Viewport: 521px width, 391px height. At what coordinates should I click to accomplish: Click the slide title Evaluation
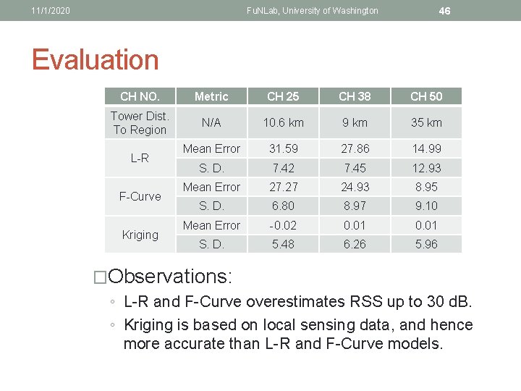click(x=95, y=59)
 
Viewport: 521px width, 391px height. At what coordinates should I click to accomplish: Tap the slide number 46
click(x=445, y=11)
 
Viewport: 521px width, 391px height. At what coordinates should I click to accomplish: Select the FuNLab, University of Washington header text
click(x=312, y=11)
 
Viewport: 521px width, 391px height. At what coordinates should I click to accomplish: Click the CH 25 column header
click(x=283, y=96)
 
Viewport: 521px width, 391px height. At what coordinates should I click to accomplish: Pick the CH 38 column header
click(x=355, y=96)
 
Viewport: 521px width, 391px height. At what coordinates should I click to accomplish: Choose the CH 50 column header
click(x=426, y=96)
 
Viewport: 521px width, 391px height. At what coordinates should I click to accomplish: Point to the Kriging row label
click(x=140, y=235)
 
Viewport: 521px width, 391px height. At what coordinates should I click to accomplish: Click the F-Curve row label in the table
click(x=140, y=196)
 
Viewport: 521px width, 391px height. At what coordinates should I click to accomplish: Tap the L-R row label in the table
click(x=140, y=158)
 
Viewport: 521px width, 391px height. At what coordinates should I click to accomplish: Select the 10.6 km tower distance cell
click(x=283, y=123)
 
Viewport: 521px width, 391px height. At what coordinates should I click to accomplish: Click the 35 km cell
click(x=426, y=123)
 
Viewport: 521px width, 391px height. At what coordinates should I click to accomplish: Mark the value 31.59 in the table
click(x=283, y=148)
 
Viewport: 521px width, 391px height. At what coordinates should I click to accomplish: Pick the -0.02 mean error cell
click(x=283, y=225)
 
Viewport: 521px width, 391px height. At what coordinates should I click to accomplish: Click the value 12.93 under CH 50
click(x=426, y=168)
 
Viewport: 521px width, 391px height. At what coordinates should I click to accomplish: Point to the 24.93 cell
click(x=355, y=187)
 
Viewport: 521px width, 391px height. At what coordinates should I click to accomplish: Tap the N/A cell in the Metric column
click(x=211, y=123)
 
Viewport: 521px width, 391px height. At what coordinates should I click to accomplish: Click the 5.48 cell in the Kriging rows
click(x=283, y=244)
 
